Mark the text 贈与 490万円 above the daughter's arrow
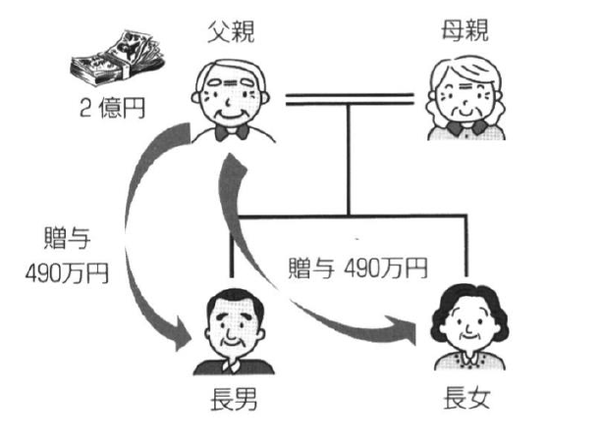pyautogui.click(x=357, y=267)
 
